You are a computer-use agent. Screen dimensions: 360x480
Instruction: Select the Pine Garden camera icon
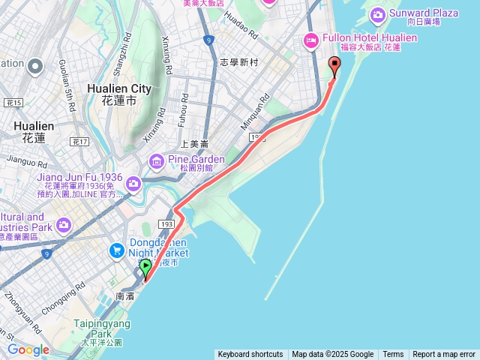point(156,160)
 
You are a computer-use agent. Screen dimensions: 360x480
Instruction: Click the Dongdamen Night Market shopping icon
point(117,250)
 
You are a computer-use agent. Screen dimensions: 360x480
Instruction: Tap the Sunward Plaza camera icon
point(377,14)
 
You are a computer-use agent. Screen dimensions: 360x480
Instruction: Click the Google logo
point(28,349)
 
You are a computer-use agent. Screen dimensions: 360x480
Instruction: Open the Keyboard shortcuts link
point(250,355)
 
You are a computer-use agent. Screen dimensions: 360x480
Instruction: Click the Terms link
point(393,355)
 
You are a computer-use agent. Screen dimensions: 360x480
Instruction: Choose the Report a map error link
point(444,355)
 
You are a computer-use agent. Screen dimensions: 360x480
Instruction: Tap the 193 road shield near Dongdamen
point(166,224)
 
